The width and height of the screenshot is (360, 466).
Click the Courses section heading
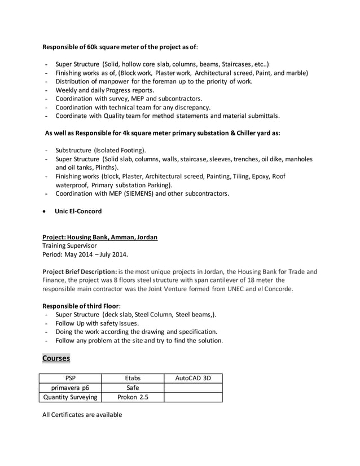click(x=56, y=359)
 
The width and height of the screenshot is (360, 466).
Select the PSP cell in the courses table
click(x=70, y=379)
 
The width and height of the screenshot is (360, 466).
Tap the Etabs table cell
click(x=132, y=379)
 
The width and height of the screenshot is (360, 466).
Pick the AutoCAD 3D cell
click(x=193, y=379)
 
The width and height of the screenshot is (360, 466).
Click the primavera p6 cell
click(x=70, y=388)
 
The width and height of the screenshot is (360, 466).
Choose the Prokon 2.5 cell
click(x=132, y=397)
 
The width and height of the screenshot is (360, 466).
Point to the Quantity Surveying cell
click(x=70, y=397)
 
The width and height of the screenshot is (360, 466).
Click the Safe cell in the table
click(x=132, y=388)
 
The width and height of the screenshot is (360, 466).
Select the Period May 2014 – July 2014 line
click(x=85, y=254)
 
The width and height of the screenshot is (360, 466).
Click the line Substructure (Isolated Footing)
click(x=100, y=151)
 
